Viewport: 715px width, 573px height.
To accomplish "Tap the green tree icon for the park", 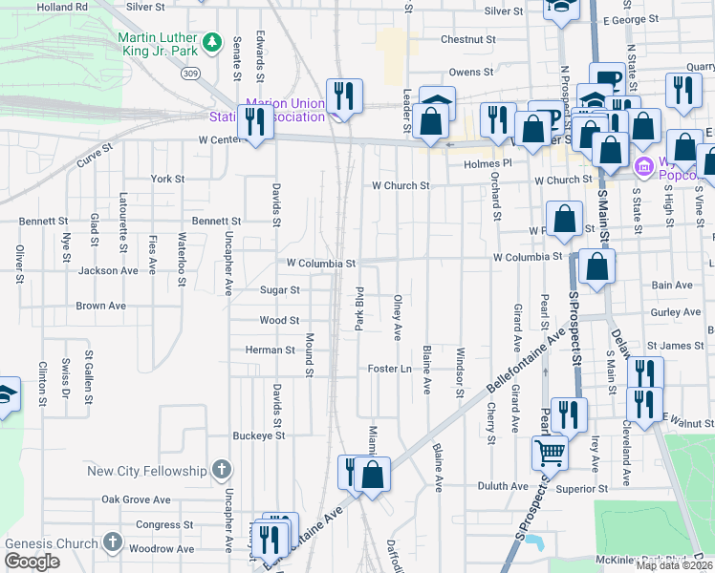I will coord(211,43).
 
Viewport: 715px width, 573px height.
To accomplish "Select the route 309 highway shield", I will coord(191,73).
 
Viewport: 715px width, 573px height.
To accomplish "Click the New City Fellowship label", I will coord(146,471).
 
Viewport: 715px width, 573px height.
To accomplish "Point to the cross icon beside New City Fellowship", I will coord(222,469).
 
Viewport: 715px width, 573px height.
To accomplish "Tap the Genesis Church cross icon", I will coord(112,543).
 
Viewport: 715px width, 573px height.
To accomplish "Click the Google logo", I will coord(32,562).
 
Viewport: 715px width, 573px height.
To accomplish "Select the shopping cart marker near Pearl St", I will coord(550,451).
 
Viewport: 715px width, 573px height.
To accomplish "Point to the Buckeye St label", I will coord(259,435).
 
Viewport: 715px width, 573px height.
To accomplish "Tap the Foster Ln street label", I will coord(390,369).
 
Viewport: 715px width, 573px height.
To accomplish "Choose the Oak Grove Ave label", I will coord(136,499).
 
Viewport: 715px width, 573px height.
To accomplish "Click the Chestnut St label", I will coord(468,40).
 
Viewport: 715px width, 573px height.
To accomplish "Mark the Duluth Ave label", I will coord(506,485).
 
